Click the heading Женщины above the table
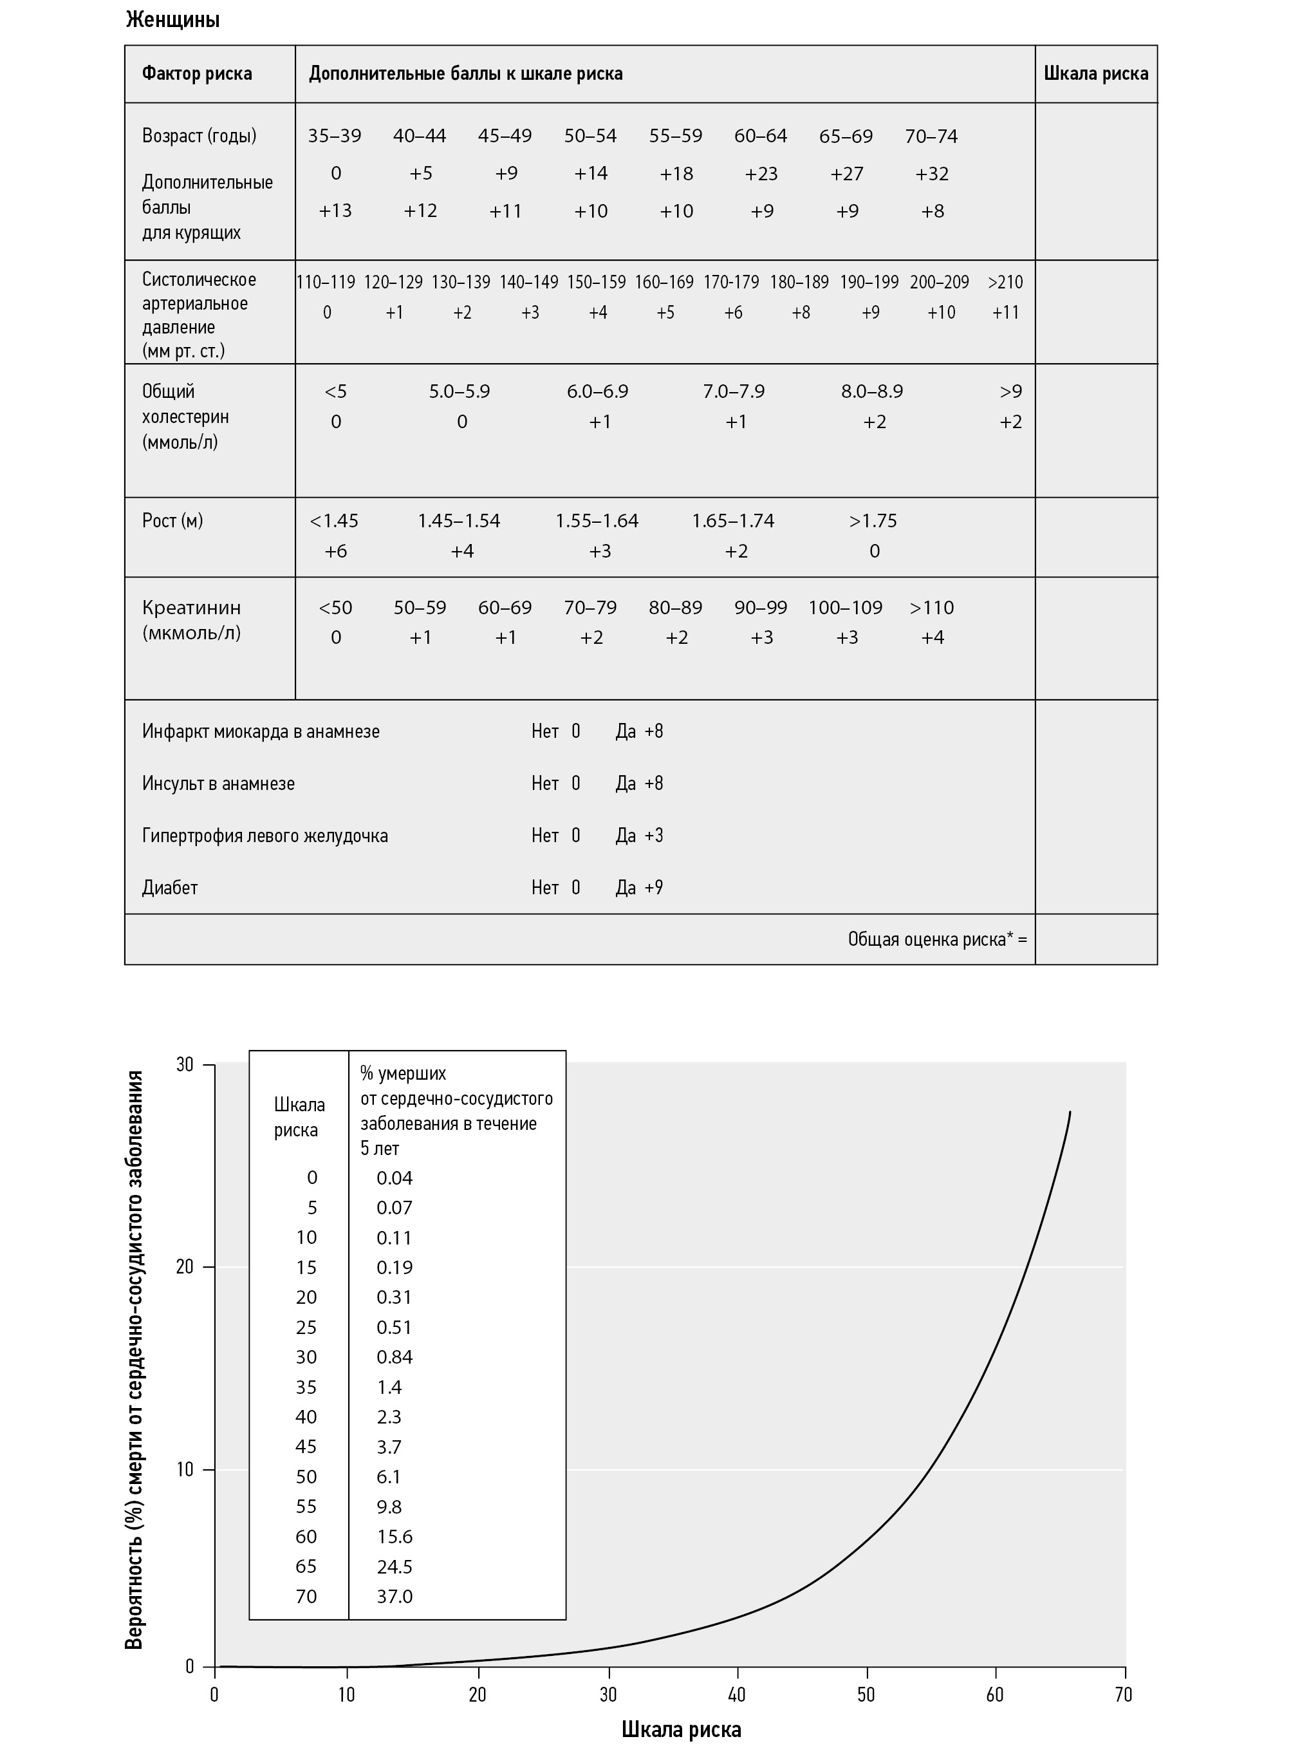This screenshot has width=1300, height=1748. (172, 21)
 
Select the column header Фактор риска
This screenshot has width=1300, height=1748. (197, 74)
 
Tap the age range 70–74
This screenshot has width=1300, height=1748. (931, 136)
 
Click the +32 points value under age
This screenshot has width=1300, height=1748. (932, 174)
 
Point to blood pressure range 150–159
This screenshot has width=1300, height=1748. (597, 282)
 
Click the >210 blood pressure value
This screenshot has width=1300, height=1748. (1005, 282)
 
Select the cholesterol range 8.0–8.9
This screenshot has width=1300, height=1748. (872, 391)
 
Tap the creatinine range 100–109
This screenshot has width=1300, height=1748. (845, 608)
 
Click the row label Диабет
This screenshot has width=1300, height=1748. (170, 888)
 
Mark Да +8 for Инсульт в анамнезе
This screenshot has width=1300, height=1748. (639, 784)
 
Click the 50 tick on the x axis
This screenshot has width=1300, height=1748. (866, 1695)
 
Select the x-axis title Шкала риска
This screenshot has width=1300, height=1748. (681, 1729)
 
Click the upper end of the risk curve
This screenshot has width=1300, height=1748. (1070, 1112)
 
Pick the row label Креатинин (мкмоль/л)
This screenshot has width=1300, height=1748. (191, 620)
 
